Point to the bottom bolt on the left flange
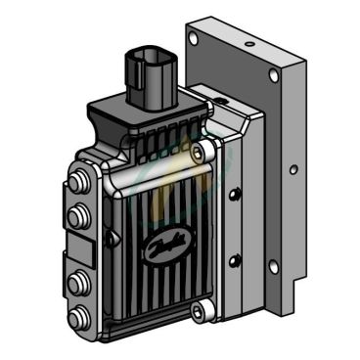pyautogui.click(x=77, y=316)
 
